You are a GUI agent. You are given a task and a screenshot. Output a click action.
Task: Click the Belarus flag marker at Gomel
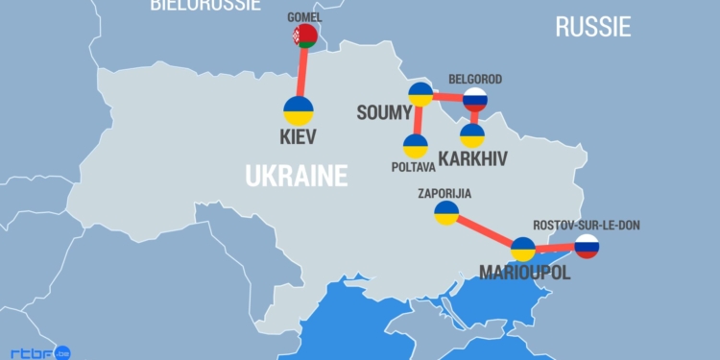(304, 36)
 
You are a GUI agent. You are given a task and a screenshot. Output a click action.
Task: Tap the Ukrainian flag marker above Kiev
(299, 110)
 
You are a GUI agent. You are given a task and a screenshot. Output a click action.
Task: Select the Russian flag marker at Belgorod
(475, 99)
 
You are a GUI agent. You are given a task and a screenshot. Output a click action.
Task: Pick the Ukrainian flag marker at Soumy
(420, 94)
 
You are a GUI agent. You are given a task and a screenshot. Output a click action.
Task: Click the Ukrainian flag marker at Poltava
(415, 146)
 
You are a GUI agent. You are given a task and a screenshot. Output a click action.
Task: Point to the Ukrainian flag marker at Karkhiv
(472, 135)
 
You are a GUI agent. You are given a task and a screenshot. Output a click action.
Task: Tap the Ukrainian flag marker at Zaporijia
(446, 213)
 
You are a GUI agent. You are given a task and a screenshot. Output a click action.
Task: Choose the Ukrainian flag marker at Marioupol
(522, 250)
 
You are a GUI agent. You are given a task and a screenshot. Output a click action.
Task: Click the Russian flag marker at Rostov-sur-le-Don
(587, 247)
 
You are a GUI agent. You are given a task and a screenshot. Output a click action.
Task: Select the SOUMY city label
(383, 113)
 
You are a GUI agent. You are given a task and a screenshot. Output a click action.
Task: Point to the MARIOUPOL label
(525, 274)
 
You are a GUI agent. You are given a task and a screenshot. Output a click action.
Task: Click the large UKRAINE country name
(296, 177)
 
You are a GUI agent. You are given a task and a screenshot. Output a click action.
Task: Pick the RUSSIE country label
(593, 27)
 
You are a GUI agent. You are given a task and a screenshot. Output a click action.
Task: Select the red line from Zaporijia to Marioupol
(484, 231)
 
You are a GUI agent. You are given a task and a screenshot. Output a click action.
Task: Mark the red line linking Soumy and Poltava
(418, 120)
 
